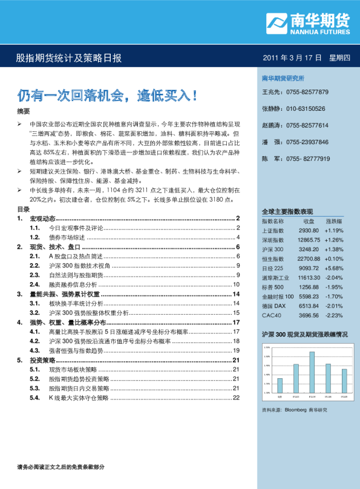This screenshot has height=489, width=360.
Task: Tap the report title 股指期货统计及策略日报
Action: (x=68, y=58)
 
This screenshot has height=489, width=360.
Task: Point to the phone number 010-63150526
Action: (x=306, y=109)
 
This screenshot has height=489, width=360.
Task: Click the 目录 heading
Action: (x=23, y=209)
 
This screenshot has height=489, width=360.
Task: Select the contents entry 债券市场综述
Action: (x=67, y=237)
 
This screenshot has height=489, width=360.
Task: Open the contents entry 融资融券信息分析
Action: (x=72, y=284)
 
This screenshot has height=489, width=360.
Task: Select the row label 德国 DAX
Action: (x=273, y=306)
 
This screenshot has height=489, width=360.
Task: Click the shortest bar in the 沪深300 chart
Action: (x=280, y=386)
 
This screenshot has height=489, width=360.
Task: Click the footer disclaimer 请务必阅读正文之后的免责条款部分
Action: (x=61, y=467)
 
